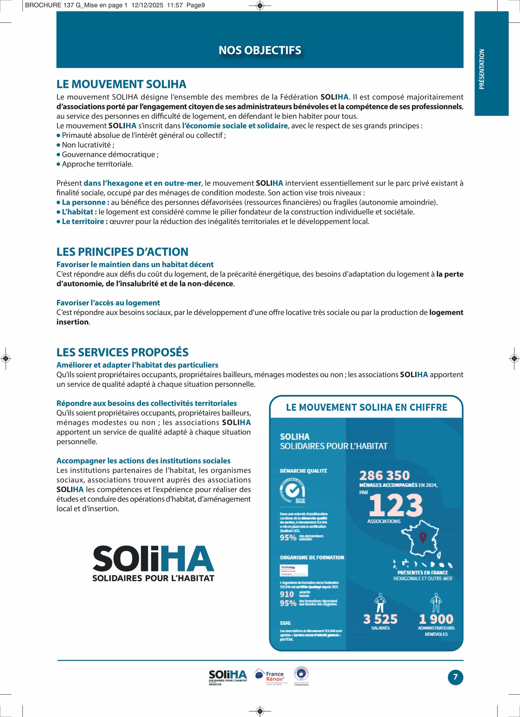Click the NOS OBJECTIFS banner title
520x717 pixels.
[x=260, y=50]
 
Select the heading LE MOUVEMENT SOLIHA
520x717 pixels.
[x=121, y=84]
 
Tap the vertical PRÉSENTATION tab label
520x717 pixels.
[x=482, y=69]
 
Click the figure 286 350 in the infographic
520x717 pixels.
[x=384, y=475]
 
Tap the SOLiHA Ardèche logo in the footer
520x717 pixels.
[x=228, y=677]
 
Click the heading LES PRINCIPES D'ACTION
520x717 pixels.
[x=122, y=252]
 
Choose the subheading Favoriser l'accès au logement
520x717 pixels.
[x=108, y=303]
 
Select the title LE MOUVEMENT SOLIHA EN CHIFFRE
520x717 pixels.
[x=366, y=407]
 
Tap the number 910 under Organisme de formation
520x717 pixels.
[x=287, y=594]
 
